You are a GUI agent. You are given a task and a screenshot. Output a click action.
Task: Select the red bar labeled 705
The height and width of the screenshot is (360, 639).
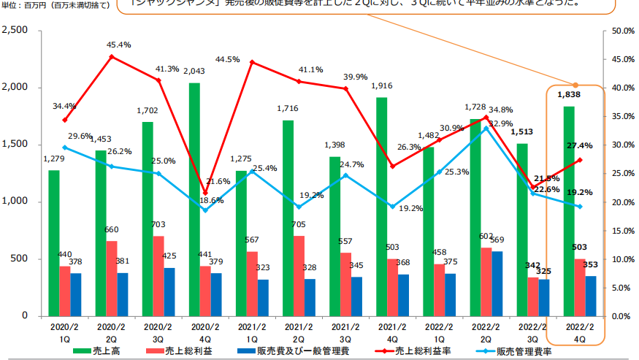(x=299, y=275)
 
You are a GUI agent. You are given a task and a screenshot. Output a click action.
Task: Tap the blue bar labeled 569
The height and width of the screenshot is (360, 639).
(x=497, y=283)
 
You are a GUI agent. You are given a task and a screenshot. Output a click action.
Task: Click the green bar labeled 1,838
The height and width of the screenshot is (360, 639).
(x=569, y=211)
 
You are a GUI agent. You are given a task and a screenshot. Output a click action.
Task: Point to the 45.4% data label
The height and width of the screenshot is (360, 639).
(x=119, y=45)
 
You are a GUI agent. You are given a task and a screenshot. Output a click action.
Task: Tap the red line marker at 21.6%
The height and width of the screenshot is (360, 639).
(x=204, y=193)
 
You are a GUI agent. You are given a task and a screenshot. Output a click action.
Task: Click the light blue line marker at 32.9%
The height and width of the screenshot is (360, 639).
(x=486, y=128)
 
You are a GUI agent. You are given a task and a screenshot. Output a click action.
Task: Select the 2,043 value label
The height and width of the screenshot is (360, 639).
(x=195, y=71)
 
